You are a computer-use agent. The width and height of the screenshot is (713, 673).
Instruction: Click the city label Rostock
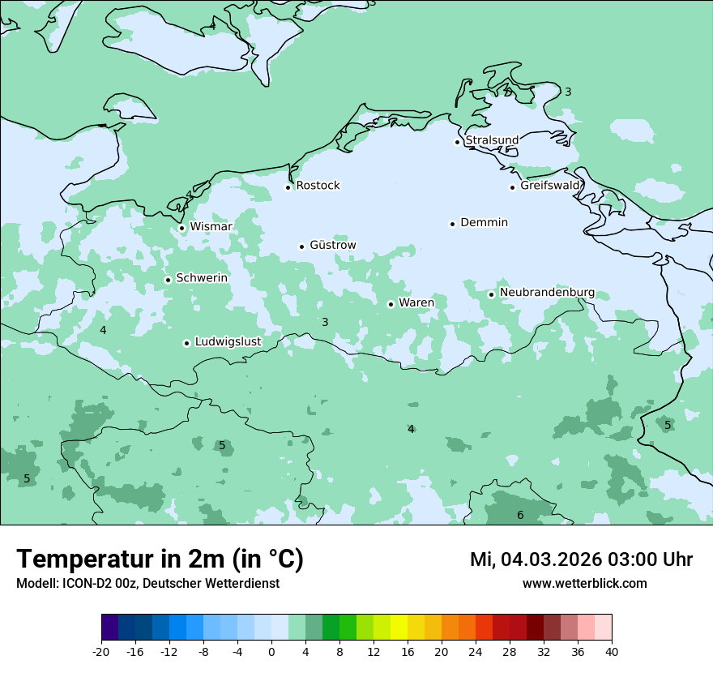click(x=318, y=186)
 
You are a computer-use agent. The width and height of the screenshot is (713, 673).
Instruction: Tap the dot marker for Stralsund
click(x=457, y=142)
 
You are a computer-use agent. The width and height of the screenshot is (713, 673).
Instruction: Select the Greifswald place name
click(x=550, y=186)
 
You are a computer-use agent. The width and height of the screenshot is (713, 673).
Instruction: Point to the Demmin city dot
click(x=453, y=224)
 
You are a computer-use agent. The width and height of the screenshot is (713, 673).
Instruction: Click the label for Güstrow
click(x=332, y=245)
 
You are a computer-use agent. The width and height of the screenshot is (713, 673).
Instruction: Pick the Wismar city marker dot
click(x=181, y=228)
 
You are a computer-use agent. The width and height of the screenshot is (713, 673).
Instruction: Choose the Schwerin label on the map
click(x=202, y=278)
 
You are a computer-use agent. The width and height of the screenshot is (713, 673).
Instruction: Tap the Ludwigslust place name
click(x=228, y=341)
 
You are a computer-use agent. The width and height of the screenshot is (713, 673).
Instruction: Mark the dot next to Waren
click(x=391, y=304)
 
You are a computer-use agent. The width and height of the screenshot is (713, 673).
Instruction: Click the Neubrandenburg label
click(x=547, y=292)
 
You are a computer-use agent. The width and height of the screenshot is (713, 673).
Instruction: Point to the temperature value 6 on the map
click(x=520, y=515)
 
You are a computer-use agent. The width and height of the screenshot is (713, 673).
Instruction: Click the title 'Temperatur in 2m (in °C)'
click(x=160, y=559)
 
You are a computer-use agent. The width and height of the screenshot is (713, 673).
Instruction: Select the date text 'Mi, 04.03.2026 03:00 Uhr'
click(x=581, y=559)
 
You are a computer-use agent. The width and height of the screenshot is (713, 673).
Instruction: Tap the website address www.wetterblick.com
click(x=584, y=584)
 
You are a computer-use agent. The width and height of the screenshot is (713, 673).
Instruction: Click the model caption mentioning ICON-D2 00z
click(x=147, y=584)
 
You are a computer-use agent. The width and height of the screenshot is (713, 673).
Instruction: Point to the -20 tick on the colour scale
click(x=101, y=651)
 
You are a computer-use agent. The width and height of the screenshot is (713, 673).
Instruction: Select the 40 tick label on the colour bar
click(x=612, y=651)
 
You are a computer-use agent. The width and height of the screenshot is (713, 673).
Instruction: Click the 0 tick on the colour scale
click(x=271, y=651)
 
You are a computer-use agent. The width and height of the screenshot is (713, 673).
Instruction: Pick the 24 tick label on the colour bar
click(x=476, y=651)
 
